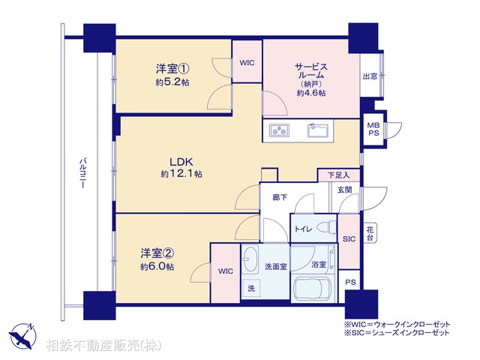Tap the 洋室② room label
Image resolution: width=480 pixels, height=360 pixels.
point(157,254)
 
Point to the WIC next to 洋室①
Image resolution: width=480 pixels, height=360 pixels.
point(247,64)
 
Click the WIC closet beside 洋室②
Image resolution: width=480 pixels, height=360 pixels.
point(225,271)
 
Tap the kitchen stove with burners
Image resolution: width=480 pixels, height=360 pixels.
point(279,130)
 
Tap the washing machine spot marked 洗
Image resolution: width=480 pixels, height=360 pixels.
point(252,286)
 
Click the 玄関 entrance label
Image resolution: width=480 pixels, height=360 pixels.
point(343,190)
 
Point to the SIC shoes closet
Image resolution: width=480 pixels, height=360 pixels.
point(349,239)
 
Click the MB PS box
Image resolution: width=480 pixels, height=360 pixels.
point(373,128)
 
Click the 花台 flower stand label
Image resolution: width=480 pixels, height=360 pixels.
point(370,232)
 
